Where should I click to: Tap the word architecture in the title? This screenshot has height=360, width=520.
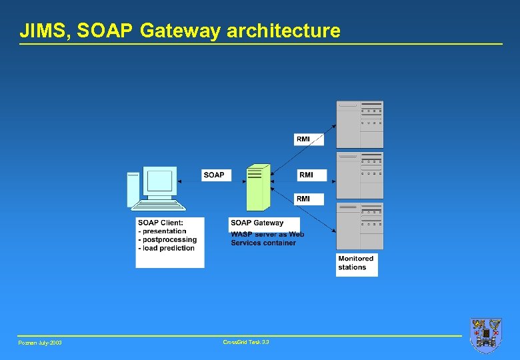point(283,31)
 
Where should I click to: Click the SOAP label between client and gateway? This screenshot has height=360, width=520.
point(214,175)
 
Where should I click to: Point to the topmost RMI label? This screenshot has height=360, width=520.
point(303,139)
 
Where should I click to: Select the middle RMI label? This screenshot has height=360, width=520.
point(306,175)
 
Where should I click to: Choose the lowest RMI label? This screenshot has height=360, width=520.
point(303,199)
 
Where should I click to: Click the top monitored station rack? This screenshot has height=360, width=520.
point(359,124)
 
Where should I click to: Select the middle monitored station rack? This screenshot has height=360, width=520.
point(359,175)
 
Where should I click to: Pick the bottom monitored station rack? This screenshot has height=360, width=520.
point(359,226)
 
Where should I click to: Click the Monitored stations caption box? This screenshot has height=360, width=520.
point(357,263)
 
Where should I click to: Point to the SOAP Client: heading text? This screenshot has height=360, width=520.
point(161,223)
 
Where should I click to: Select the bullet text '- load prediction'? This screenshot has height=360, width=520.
point(167,248)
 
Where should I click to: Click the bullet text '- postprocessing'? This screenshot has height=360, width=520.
point(167,239)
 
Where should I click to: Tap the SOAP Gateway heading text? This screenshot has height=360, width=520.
point(257,223)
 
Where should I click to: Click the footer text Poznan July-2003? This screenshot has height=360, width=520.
point(40,343)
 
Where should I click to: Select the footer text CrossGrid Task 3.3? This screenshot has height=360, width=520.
point(246,342)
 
